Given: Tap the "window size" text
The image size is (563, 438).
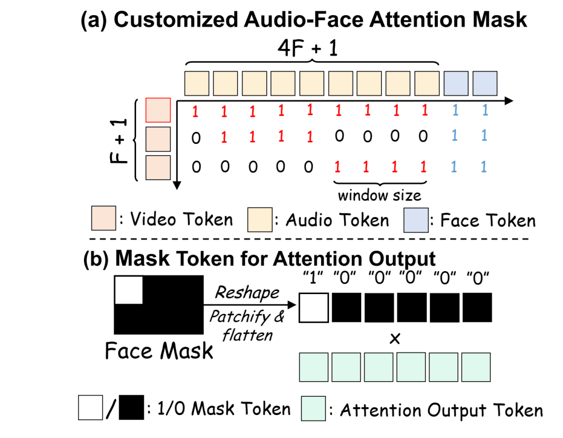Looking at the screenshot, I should click(x=379, y=196).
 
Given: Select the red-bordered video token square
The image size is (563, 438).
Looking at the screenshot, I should click(x=158, y=111).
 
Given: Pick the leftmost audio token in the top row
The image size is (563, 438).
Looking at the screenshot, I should click(x=197, y=83).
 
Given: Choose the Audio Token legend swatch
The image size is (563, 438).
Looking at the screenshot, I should click(x=260, y=220).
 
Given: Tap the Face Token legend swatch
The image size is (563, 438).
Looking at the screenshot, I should click(x=416, y=220).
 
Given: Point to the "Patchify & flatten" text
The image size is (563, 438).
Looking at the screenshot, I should click(x=247, y=325).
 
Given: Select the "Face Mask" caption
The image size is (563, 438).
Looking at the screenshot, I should click(x=159, y=351).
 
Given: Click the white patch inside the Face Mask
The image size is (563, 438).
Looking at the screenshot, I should click(x=128, y=289).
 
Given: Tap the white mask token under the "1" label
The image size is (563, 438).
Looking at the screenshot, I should click(x=313, y=308).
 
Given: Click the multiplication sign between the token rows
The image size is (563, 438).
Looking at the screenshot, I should click(x=395, y=338).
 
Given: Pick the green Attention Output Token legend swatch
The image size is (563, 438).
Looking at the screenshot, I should click(x=313, y=409).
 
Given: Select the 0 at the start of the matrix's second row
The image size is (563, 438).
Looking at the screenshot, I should click(x=196, y=138).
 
